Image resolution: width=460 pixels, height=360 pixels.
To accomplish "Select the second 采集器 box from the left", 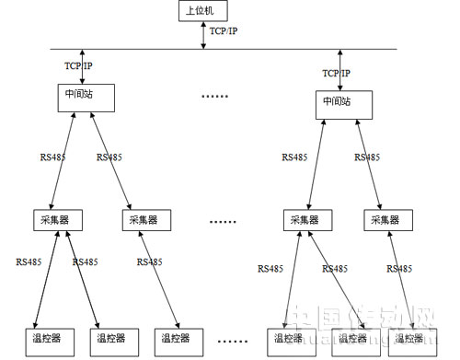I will click(x=148, y=221).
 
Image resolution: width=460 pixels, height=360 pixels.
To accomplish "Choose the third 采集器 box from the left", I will click(x=307, y=221).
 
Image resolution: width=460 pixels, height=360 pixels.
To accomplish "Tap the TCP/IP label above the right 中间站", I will click(x=337, y=73).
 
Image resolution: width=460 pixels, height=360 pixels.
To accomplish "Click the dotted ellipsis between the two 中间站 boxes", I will click(x=214, y=96).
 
